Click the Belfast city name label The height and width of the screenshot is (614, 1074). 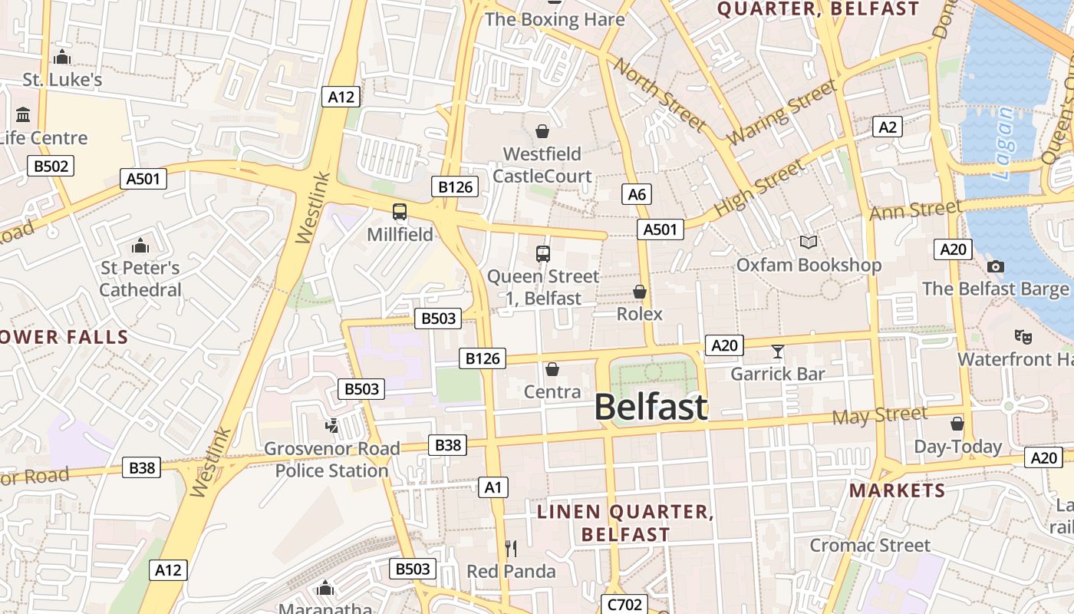tap(651, 407)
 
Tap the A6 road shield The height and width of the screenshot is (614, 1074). tap(637, 194)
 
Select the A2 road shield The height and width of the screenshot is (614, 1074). tap(887, 127)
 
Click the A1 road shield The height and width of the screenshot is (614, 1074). tap(493, 487)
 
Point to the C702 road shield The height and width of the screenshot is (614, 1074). tap(624, 605)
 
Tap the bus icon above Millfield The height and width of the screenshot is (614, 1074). tap(400, 212)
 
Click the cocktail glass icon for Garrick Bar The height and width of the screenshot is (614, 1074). tap(778, 352)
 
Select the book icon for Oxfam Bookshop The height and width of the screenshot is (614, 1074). tap(809, 243)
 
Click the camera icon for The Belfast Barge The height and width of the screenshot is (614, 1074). tap(996, 266)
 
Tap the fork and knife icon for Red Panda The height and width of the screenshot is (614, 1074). tap(511, 548)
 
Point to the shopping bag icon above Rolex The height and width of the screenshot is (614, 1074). tap(639, 292)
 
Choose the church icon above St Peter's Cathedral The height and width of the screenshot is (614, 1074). tap(140, 246)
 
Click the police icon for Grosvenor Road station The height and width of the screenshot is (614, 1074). tap(332, 425)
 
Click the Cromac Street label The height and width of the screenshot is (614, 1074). tap(870, 546)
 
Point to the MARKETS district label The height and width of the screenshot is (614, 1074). tap(897, 490)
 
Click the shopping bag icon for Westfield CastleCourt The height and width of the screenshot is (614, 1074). tap(542, 131)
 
